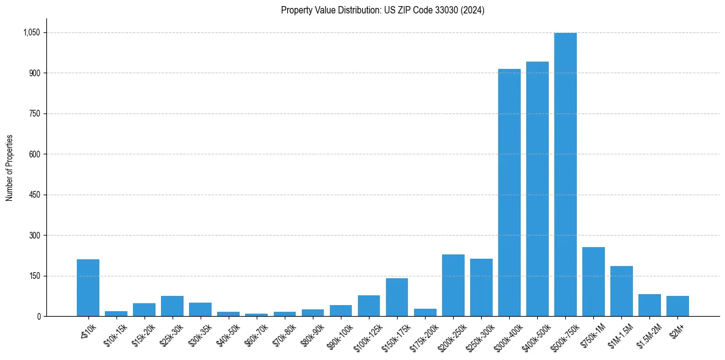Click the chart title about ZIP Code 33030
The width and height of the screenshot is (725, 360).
pos(382,10)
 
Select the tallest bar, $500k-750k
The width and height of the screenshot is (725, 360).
pos(565,175)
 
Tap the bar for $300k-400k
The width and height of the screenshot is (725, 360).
pos(509,193)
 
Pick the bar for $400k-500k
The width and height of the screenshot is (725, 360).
pos(537,189)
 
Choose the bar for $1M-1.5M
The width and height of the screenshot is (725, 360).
pos(621,291)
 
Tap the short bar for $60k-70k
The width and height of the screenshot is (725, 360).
pos(256,315)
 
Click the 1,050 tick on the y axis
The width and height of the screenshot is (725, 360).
pos(32,32)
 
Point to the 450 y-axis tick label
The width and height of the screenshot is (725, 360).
pos(35,195)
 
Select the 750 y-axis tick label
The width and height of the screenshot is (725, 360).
pos(35,113)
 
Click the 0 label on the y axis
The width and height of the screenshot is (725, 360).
pos(38,316)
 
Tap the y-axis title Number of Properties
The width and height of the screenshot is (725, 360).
pos(10,167)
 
